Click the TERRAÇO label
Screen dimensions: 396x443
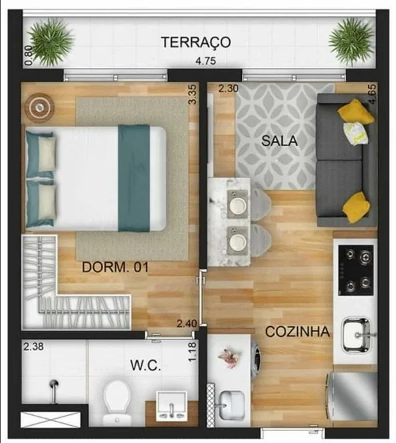pyautogui.click(x=196, y=43)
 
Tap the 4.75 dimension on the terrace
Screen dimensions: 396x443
pyautogui.click(x=206, y=61)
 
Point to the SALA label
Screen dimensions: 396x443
pyautogui.click(x=279, y=141)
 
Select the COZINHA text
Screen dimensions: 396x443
pyautogui.click(x=297, y=332)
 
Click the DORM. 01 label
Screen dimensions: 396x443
pyautogui.click(x=115, y=267)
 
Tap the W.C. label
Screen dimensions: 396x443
pyautogui.click(x=145, y=366)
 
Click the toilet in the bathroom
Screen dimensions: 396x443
pyautogui.click(x=116, y=402)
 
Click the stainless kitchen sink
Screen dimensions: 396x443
pyautogui.click(x=357, y=335)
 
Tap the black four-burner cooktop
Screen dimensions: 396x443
pyautogui.click(x=355, y=271)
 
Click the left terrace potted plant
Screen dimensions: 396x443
pyautogui.click(x=51, y=42)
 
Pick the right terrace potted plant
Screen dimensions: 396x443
pyautogui.click(x=351, y=43)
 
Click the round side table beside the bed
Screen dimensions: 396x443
pyautogui.click(x=39, y=107)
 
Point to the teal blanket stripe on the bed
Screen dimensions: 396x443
pyautogui.click(x=134, y=178)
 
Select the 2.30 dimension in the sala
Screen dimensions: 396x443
pyautogui.click(x=229, y=89)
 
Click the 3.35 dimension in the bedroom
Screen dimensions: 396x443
pyautogui.click(x=193, y=95)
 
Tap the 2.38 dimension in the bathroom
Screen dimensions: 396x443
pyautogui.click(x=33, y=346)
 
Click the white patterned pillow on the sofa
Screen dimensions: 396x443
pyautogui.click(x=355, y=133)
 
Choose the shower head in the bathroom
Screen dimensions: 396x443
pyautogui.click(x=53, y=384)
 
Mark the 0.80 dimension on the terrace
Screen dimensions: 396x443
pyautogui.click(x=29, y=55)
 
